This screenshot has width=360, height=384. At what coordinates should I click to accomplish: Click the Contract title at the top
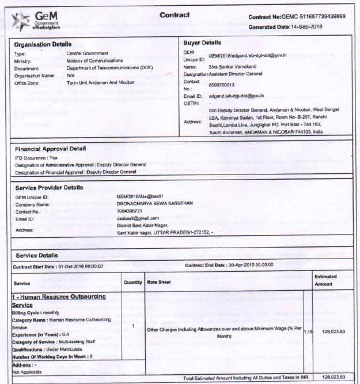pyautogui.click(x=174, y=15)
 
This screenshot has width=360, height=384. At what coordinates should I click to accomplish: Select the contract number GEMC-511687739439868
pyautogui.click(x=313, y=17)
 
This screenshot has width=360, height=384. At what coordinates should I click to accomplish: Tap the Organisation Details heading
pyautogui.click(x=43, y=44)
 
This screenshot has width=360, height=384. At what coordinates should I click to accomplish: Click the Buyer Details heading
pyautogui.click(x=202, y=43)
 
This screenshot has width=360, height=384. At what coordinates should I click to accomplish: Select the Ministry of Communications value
pyautogui.click(x=94, y=60)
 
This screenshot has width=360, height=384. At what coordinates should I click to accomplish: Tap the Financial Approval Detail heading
pyautogui.click(x=50, y=149)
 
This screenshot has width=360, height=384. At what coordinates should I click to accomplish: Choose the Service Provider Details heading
pyautogui.click(x=49, y=188)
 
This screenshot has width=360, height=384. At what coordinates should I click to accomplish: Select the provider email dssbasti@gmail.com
pyautogui.click(x=137, y=218)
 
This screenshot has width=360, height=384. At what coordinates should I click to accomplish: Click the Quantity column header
pyautogui.click(x=133, y=282)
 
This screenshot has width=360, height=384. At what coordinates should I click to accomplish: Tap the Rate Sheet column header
pyautogui.click(x=160, y=282)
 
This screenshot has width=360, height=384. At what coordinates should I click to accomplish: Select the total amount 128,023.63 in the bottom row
pyautogui.click(x=334, y=378)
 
